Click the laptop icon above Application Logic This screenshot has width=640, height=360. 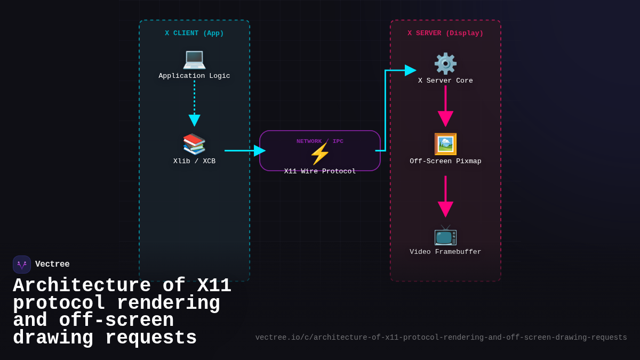pyautogui.click(x=194, y=59)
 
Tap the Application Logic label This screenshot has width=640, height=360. pyautogui.click(x=194, y=76)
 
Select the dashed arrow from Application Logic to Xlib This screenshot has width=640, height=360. pyautogui.click(x=194, y=101)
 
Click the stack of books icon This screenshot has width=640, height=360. pyautogui.click(x=194, y=144)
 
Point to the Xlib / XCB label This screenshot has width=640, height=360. pyautogui.click(x=194, y=162)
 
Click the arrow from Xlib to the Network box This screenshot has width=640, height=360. pyautogui.click(x=243, y=151)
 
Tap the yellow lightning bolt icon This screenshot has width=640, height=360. pyautogui.click(x=319, y=154)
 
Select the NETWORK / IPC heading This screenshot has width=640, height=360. pyautogui.click(x=319, y=141)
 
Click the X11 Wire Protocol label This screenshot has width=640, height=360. pyautogui.click(x=319, y=172)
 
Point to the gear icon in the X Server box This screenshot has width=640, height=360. pyautogui.click(x=445, y=63)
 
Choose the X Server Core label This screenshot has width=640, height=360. pyautogui.click(x=445, y=81)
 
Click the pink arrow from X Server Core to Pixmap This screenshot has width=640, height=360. pyautogui.click(x=445, y=104)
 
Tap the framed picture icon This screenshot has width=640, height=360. pyautogui.click(x=445, y=144)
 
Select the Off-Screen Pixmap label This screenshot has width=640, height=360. pyautogui.click(x=445, y=162)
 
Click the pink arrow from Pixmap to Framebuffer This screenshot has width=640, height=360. pyautogui.click(x=445, y=195)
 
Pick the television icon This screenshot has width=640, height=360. pyautogui.click(x=445, y=235)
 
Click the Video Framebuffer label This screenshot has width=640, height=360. pyautogui.click(x=445, y=252)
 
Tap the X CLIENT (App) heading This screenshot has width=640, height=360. pyautogui.click(x=194, y=34)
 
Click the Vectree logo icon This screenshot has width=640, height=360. pyautogui.click(x=22, y=265)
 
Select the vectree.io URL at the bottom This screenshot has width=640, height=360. pyautogui.click(x=441, y=338)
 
